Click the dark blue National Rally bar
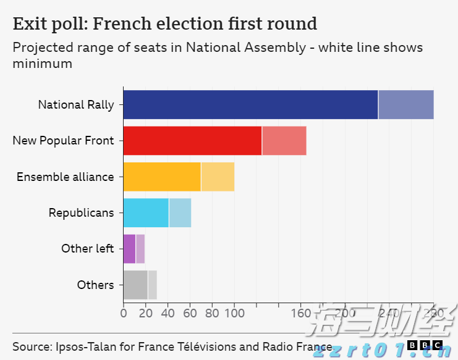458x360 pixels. [250, 104]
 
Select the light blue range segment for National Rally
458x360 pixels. [406, 104]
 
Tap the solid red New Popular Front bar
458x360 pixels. [192, 140]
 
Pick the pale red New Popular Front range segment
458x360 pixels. [284, 140]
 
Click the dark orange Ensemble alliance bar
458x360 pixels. [162, 177]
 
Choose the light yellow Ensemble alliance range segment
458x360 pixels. [218, 177]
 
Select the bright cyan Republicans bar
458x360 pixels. [146, 212]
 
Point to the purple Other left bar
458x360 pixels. [129, 249]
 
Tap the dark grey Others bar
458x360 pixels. [135, 285]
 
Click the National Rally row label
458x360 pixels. [76, 104]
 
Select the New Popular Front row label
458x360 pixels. [63, 141]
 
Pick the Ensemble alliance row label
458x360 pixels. [65, 177]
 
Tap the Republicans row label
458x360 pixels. [82, 213]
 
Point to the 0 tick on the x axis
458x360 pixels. [124, 312]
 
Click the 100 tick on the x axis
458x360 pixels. [234, 312]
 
